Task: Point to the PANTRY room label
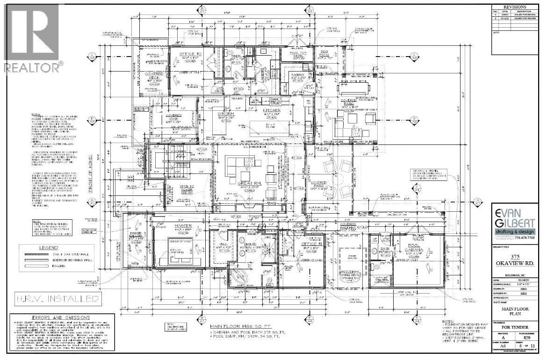[x=298, y=74]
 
